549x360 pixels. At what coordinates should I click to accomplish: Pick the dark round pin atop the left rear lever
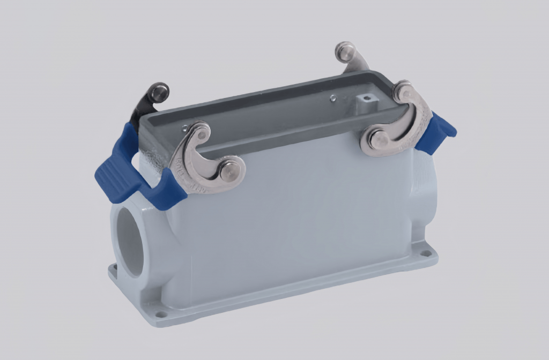[159, 92]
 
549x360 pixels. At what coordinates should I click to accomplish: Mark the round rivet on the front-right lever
[379, 140]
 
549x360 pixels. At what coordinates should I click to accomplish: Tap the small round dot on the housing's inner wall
[333, 98]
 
